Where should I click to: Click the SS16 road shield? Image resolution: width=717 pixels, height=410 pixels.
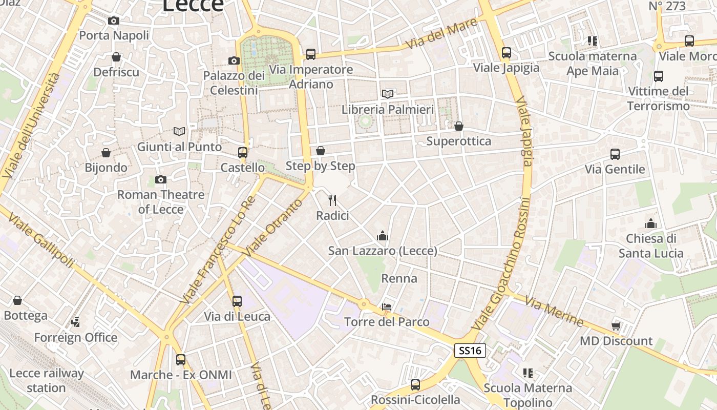pyautogui.click(x=470, y=351)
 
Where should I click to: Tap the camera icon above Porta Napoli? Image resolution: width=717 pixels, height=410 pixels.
pyautogui.click(x=114, y=21)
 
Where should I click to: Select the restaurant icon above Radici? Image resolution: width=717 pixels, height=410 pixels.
pyautogui.click(x=332, y=200)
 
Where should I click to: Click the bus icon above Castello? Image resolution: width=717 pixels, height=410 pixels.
pyautogui.click(x=243, y=153)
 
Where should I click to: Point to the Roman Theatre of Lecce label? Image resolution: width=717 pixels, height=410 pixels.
pyautogui.click(x=161, y=202)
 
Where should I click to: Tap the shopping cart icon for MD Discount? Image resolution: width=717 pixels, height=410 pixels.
pyautogui.click(x=616, y=326)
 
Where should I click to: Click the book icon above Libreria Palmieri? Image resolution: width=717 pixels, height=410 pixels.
pyautogui.click(x=388, y=94)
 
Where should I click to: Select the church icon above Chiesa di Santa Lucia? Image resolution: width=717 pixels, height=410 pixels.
pyautogui.click(x=651, y=223)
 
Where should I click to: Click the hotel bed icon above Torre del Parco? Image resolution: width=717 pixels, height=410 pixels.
pyautogui.click(x=387, y=307)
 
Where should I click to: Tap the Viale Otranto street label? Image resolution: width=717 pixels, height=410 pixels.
pyautogui.click(x=273, y=228)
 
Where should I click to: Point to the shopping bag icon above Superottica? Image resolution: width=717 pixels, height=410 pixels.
pyautogui.click(x=459, y=126)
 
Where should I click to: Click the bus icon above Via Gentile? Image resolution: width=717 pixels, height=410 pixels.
pyautogui.click(x=615, y=154)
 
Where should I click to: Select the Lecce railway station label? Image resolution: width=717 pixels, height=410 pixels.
pyautogui.click(x=46, y=380)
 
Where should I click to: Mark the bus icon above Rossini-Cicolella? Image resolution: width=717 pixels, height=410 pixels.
pyautogui.click(x=415, y=384)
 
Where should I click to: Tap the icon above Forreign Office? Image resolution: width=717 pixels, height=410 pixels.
pyautogui.click(x=76, y=322)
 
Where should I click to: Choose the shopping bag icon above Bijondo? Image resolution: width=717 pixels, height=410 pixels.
pyautogui.click(x=106, y=153)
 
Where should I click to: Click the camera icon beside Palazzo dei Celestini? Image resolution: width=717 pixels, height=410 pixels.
pyautogui.click(x=234, y=61)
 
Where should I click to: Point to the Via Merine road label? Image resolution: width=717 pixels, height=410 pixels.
pyautogui.click(x=554, y=312)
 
